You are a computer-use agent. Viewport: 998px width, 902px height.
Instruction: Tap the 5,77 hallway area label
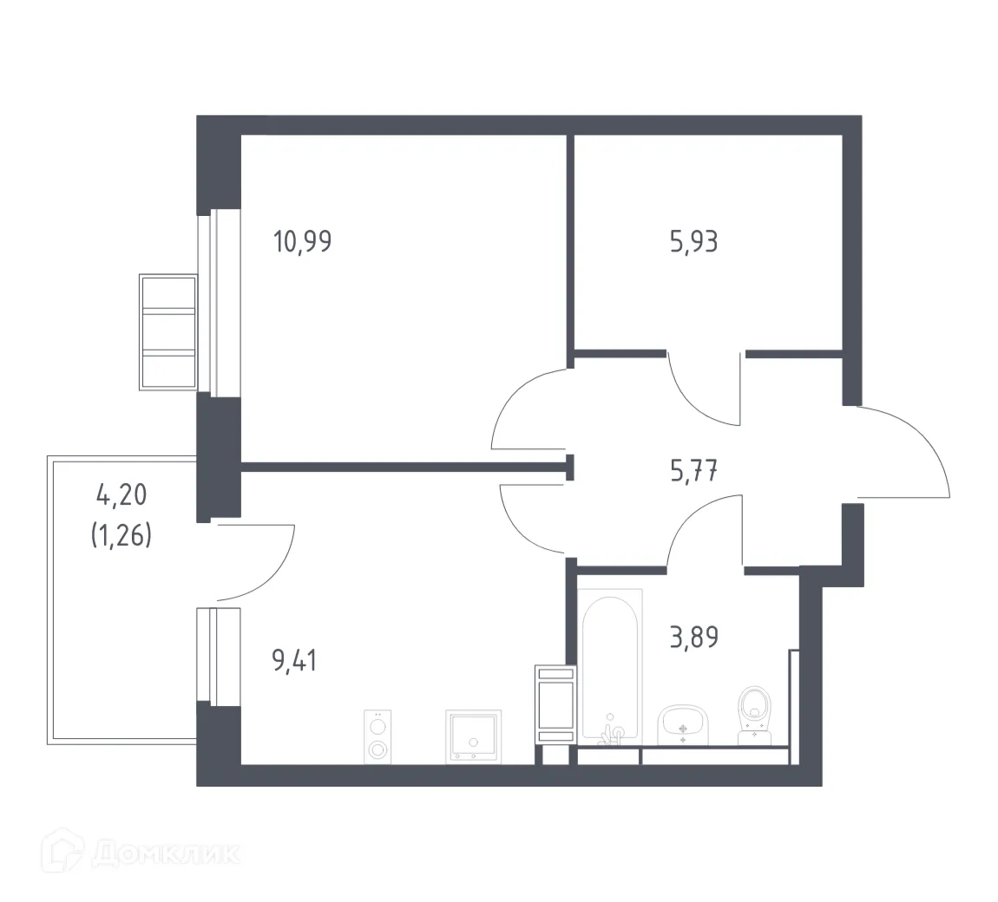click(x=693, y=472)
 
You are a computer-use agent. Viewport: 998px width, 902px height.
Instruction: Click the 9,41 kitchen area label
click(x=295, y=663)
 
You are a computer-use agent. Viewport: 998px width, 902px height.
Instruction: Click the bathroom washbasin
click(x=684, y=723)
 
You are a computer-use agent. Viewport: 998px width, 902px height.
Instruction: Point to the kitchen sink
click(x=473, y=737)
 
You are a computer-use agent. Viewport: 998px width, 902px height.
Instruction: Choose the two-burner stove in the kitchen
click(x=378, y=737)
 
